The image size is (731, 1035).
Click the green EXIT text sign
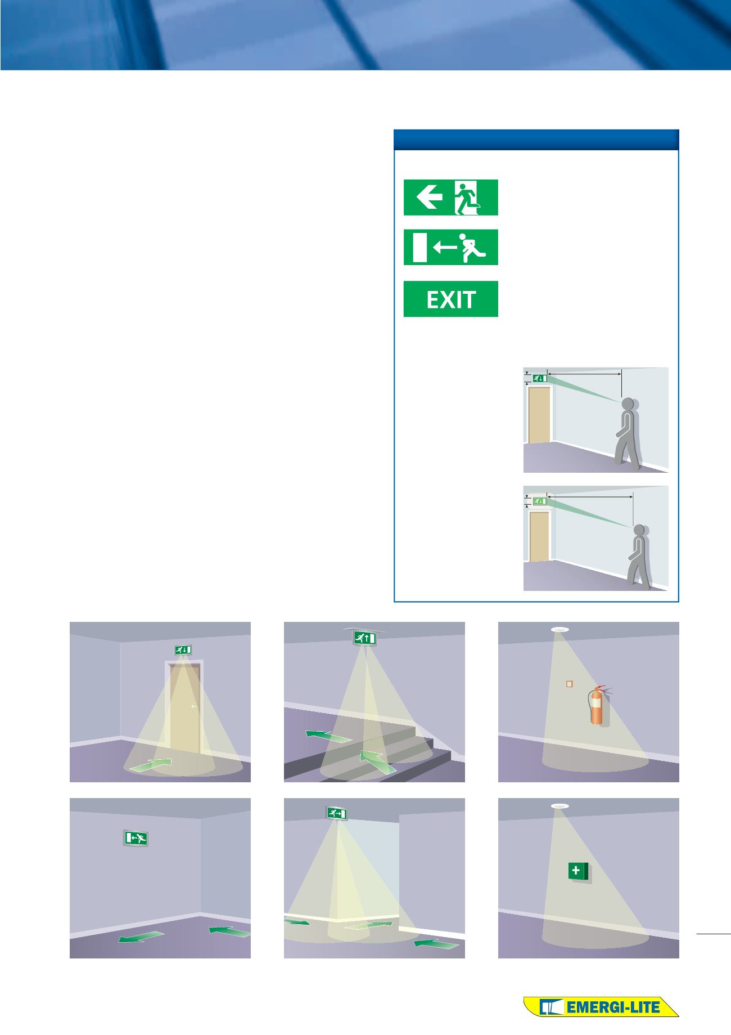(451, 299)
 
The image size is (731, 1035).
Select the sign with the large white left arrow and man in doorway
(451, 197)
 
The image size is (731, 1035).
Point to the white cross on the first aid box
(575, 871)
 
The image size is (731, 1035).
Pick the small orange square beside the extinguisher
(569, 684)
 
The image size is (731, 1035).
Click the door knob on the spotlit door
(193, 706)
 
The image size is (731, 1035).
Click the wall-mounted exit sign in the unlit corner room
(136, 838)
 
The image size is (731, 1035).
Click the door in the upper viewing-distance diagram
(539, 415)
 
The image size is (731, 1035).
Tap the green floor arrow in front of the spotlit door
(150, 764)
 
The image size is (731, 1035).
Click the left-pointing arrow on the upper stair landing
(329, 736)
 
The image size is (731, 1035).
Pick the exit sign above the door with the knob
(182, 649)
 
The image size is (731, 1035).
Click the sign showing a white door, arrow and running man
(451, 247)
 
